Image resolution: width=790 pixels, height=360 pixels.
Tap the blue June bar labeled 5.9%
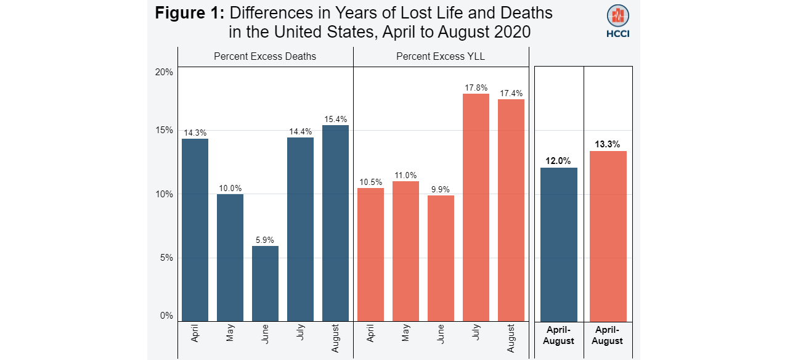[x=265, y=283]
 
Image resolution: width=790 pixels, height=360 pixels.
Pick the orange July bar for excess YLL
[x=476, y=207]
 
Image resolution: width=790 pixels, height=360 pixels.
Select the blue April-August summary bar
[x=559, y=244]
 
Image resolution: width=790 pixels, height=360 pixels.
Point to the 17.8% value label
[x=476, y=88]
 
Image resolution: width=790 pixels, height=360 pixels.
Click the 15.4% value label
[x=335, y=119]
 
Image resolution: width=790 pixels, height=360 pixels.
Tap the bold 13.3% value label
[x=608, y=144]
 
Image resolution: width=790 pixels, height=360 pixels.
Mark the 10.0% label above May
[x=230, y=188]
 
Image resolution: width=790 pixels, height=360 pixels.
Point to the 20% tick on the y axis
[x=164, y=72]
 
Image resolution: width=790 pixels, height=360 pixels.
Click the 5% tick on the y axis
[x=166, y=258]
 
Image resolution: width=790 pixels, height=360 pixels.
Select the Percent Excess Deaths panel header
[x=265, y=56]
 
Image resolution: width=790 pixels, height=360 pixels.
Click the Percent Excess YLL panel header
[x=441, y=56]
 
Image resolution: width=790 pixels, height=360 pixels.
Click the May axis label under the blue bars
[x=230, y=333]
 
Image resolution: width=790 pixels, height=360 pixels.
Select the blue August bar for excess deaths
[x=335, y=223]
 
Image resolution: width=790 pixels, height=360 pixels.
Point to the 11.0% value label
[x=405, y=175]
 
